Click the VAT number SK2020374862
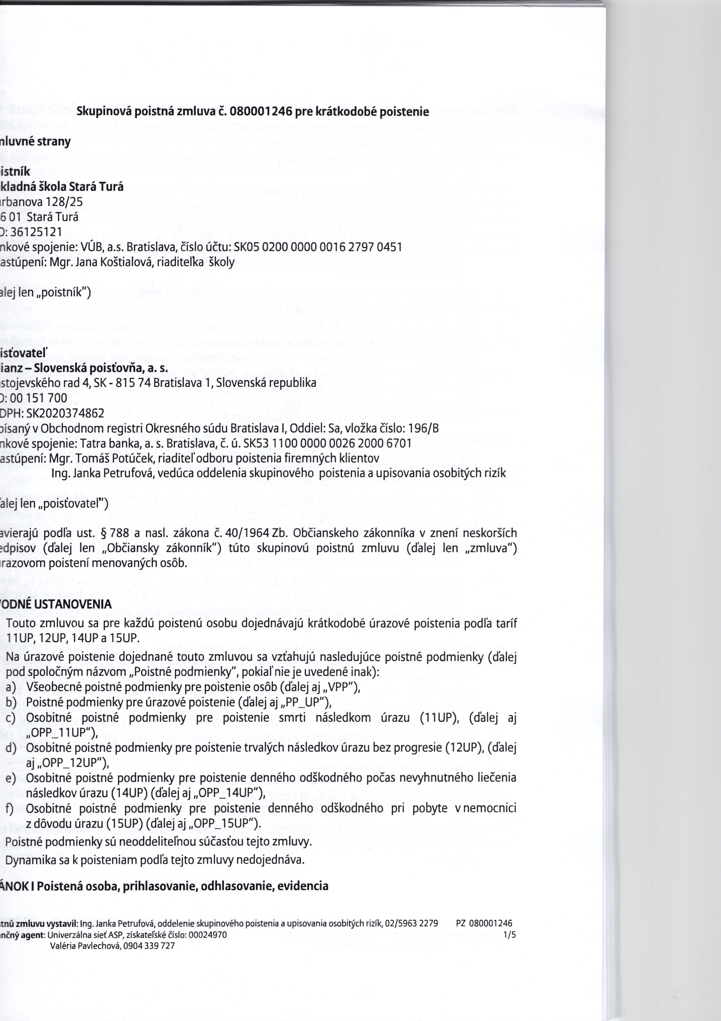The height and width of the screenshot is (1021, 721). pos(65,413)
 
